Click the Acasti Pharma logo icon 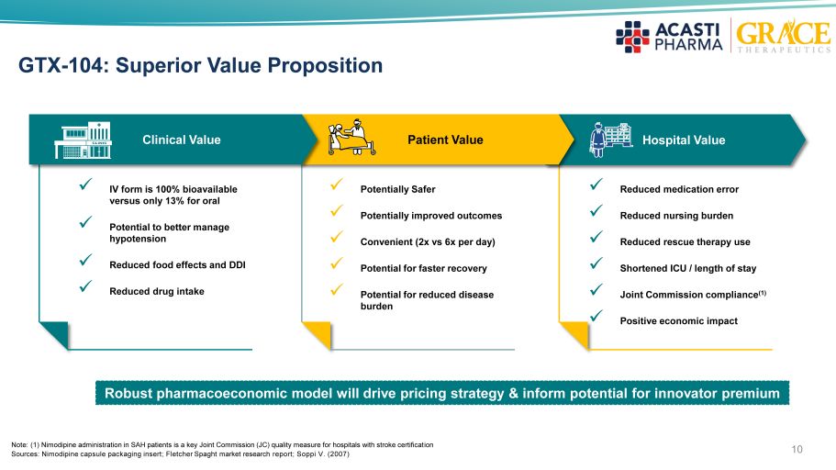coord(632,37)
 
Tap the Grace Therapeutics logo coord(783,36)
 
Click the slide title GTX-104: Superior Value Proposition coord(200,65)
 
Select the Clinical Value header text coord(182,140)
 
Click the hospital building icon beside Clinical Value coord(84,140)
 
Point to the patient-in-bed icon coord(351,137)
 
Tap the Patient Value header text coord(445,140)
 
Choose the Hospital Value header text coord(684,140)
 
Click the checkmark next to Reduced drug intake coord(85,286)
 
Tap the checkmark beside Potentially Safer coord(337,184)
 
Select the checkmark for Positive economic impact coord(596,316)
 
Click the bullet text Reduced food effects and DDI coord(177,264)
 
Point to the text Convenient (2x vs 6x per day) coord(428,241)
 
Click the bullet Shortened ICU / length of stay coord(687,268)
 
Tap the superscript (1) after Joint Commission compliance coord(763,292)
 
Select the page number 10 coord(797,449)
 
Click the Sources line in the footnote coord(180,454)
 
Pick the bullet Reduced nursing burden coord(676,216)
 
